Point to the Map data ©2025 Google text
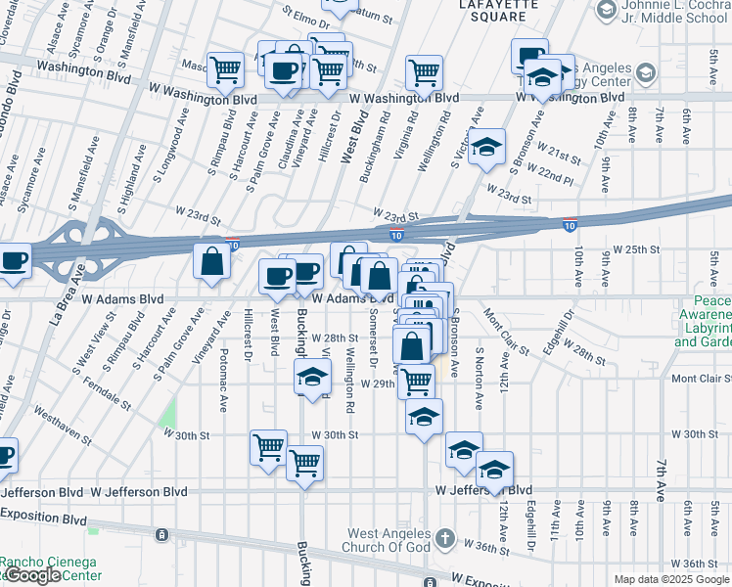click(x=671, y=579)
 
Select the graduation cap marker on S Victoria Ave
click(x=485, y=147)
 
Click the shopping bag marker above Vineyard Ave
click(x=211, y=261)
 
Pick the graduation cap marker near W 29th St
click(x=312, y=378)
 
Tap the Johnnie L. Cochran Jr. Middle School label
click(x=674, y=17)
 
